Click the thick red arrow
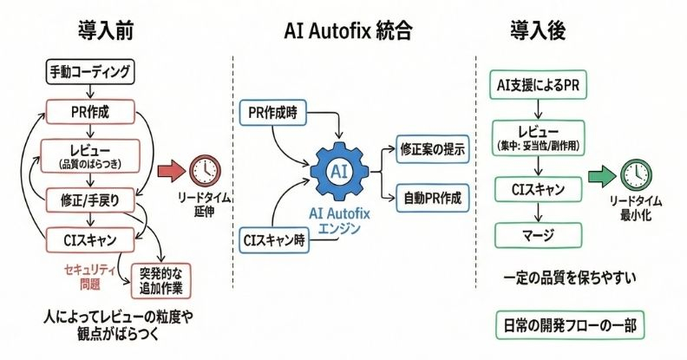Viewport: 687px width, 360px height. point(170,170)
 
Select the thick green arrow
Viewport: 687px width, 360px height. point(599,178)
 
